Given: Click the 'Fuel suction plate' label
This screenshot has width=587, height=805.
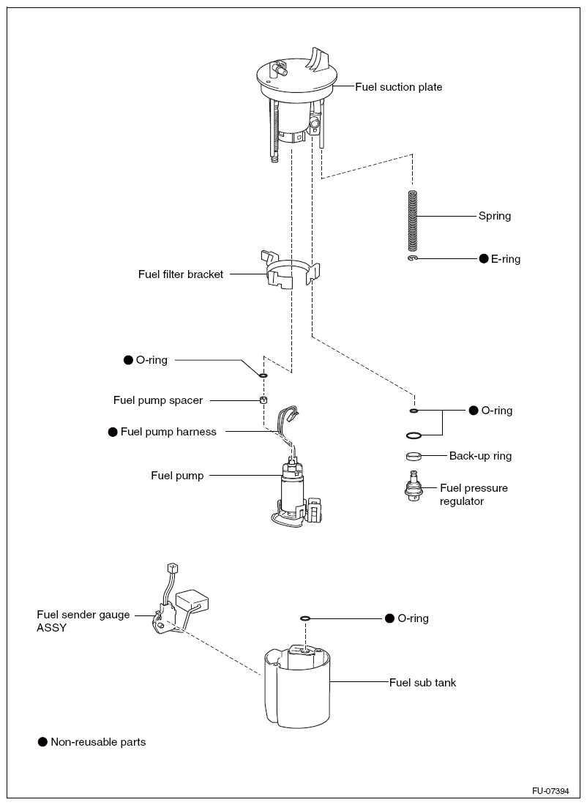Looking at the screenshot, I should click(399, 87).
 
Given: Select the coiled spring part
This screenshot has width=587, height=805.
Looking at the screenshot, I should click(413, 220).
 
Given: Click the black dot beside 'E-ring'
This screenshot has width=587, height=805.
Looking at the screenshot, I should click(484, 259).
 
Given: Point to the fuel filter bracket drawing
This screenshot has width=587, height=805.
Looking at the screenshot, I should click(291, 272).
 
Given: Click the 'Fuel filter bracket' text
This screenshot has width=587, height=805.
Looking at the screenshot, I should click(181, 274).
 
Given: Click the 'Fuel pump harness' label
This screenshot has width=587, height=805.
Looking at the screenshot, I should click(168, 432).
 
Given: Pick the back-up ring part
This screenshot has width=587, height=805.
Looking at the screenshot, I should click(414, 457).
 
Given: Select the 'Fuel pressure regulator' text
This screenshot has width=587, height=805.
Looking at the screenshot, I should click(474, 495).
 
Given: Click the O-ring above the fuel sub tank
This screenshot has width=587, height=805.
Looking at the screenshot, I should click(305, 618).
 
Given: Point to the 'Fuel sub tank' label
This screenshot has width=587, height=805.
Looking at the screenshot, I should click(422, 683).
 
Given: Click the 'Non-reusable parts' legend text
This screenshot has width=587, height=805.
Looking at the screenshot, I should click(98, 742).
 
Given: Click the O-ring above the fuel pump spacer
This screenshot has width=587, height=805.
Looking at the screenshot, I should click(263, 375).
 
